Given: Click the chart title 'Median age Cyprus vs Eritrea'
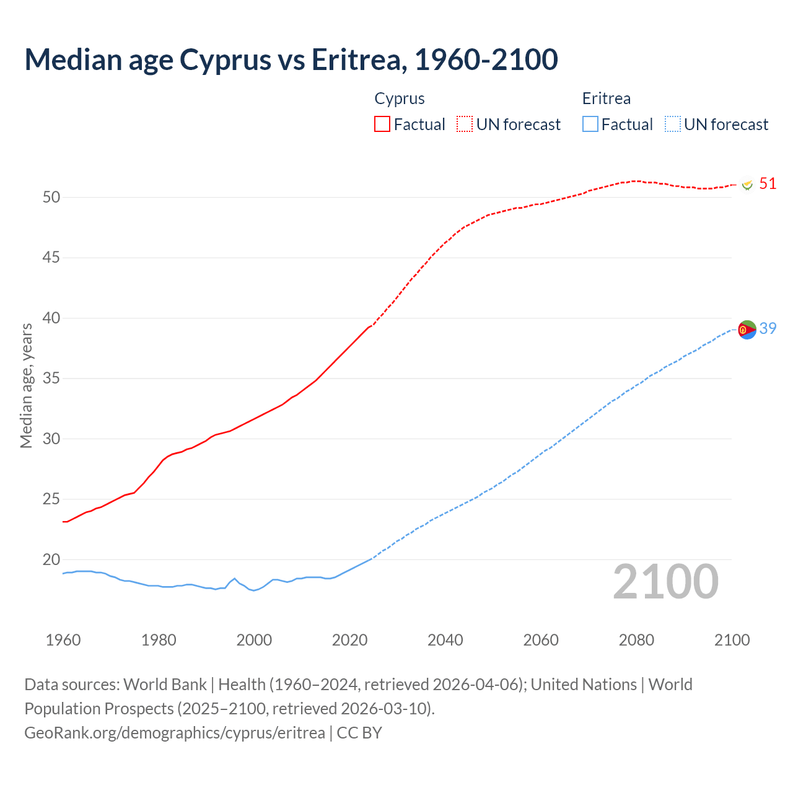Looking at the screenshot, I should pyautogui.click(x=291, y=59).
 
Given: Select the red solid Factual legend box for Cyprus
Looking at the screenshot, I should pyautogui.click(x=382, y=124).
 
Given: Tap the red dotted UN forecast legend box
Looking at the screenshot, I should pyautogui.click(x=465, y=124).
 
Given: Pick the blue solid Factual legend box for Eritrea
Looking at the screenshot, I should pyautogui.click(x=590, y=124).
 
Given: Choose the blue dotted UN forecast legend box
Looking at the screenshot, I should pyautogui.click(x=673, y=124).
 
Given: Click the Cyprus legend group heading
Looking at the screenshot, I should pyautogui.click(x=400, y=99).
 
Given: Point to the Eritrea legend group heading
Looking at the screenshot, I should pyautogui.click(x=607, y=99).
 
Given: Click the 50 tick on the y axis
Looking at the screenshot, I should pyautogui.click(x=51, y=197).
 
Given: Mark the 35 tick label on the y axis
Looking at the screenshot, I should pyautogui.click(x=51, y=378).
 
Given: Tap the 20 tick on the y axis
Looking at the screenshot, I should pyautogui.click(x=51, y=559).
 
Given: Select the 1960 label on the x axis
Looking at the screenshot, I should pyautogui.click(x=63, y=640).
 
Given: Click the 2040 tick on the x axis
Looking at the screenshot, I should pyautogui.click(x=445, y=640).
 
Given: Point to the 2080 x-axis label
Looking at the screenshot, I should pyautogui.click(x=636, y=640).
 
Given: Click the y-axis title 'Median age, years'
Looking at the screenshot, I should pyautogui.click(x=26, y=385).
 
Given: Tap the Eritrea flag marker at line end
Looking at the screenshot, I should pyautogui.click(x=747, y=330).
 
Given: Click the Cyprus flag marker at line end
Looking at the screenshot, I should pyautogui.click(x=747, y=184).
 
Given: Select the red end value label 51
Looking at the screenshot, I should pyautogui.click(x=768, y=184).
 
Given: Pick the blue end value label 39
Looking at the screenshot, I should pyautogui.click(x=768, y=329).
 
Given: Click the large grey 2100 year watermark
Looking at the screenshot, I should pyautogui.click(x=665, y=582).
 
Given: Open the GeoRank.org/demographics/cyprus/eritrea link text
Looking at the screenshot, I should pyautogui.click(x=175, y=733).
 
